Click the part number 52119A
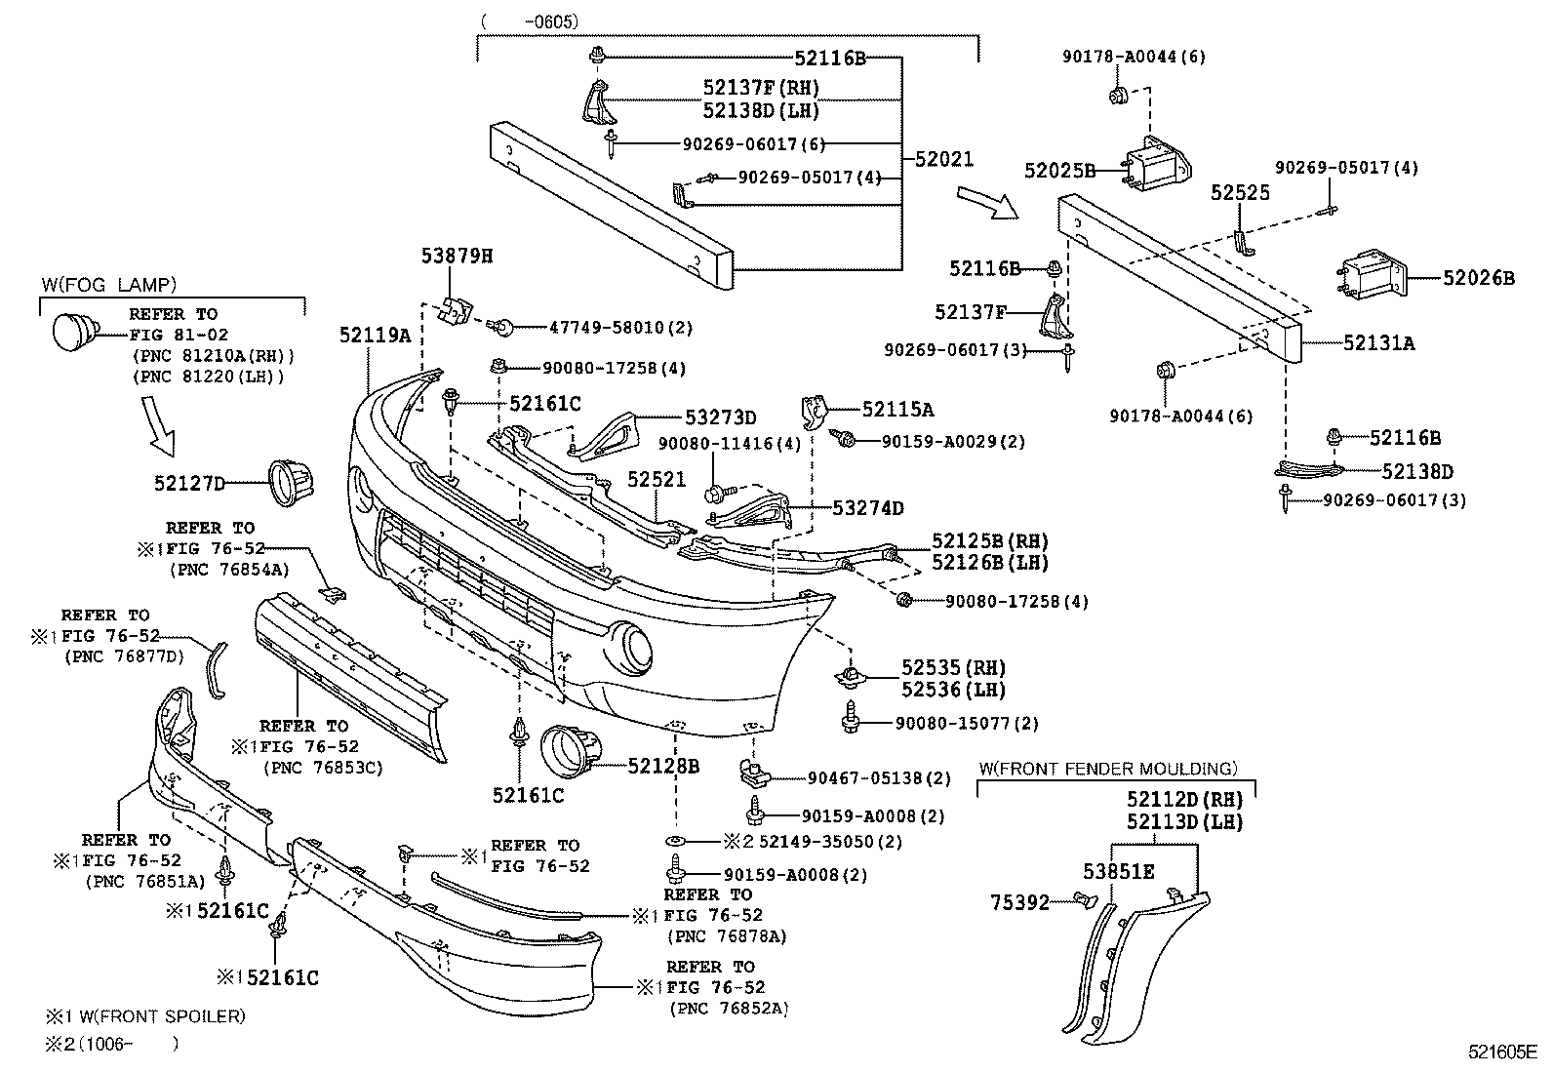click(x=376, y=335)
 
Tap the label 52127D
click(x=189, y=483)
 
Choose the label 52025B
click(x=1059, y=171)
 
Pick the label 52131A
click(x=1378, y=342)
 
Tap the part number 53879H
click(x=457, y=257)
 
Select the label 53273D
click(x=720, y=417)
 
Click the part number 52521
click(x=657, y=480)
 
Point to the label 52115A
click(x=897, y=410)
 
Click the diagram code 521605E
click(x=1503, y=1052)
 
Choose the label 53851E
click(x=1118, y=871)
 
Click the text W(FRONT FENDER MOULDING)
click(x=1107, y=769)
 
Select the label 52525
click(x=1241, y=193)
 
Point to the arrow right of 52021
click(x=986, y=200)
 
